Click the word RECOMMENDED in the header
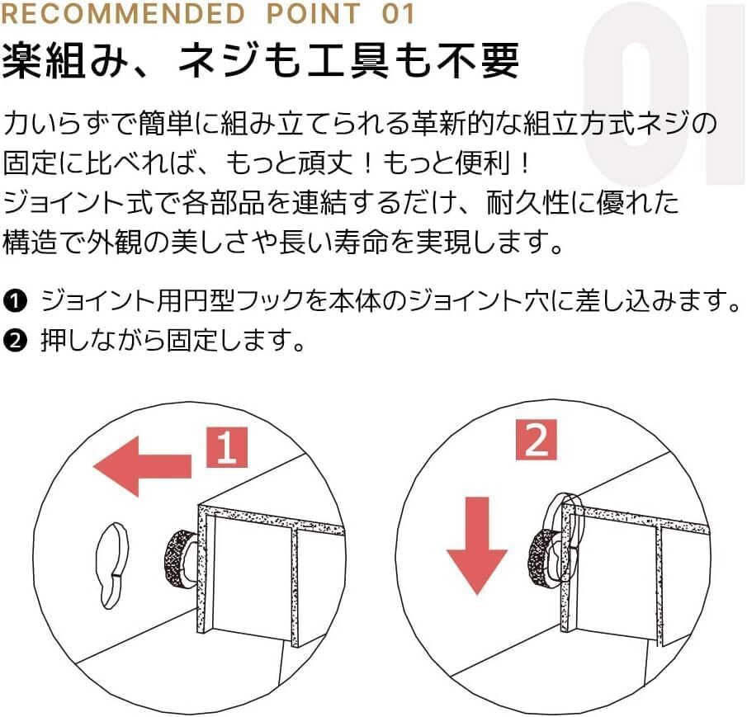(123, 13)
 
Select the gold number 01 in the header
(399, 13)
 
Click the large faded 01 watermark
(662, 94)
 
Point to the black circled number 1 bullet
(15, 301)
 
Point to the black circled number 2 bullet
(15, 341)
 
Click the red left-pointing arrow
(143, 466)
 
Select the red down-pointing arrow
(477, 545)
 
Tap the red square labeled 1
(227, 447)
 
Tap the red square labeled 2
(537, 440)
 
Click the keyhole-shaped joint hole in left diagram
(111, 564)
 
